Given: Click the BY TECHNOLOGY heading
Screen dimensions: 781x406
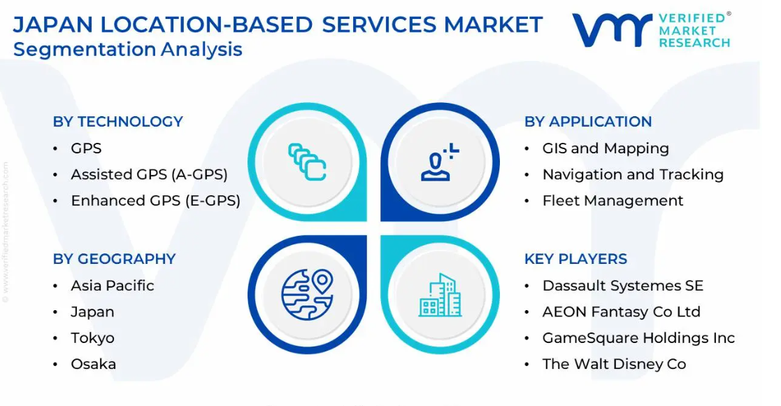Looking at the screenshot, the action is pos(118,122).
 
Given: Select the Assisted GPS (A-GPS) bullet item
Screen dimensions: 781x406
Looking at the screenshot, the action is pos(149,174).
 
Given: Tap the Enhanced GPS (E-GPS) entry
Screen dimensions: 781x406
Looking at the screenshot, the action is pos(155,200).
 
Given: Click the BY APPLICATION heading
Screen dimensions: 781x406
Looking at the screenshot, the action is pos(588,122).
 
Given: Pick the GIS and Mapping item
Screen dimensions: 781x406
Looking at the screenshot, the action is pos(606,148).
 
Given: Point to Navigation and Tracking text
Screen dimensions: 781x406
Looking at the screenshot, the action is pos(633,174).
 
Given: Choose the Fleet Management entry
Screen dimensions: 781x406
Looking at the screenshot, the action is pos(612,200).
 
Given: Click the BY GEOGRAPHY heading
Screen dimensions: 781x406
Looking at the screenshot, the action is pos(114,259).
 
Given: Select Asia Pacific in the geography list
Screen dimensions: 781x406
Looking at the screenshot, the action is pos(113,286).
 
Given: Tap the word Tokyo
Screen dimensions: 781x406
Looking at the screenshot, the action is pos(93,338).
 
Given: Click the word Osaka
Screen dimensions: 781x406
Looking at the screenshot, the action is pos(93,364).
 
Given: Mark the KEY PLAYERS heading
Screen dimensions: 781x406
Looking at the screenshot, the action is pos(575,259).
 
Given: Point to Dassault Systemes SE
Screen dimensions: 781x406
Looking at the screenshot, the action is pos(622,286).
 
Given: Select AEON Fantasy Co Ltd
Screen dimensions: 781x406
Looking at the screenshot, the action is pos(621,311).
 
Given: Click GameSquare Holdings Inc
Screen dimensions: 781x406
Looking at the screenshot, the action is pos(638,337).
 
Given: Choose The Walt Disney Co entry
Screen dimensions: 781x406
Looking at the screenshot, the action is pos(614,364).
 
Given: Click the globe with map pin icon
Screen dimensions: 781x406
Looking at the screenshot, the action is pos(308,294).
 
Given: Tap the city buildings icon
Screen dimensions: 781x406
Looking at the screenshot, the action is pos(440,295).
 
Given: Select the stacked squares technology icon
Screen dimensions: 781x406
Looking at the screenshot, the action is pos(307,162).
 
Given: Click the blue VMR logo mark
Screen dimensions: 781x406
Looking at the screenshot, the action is pos(612,30).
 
